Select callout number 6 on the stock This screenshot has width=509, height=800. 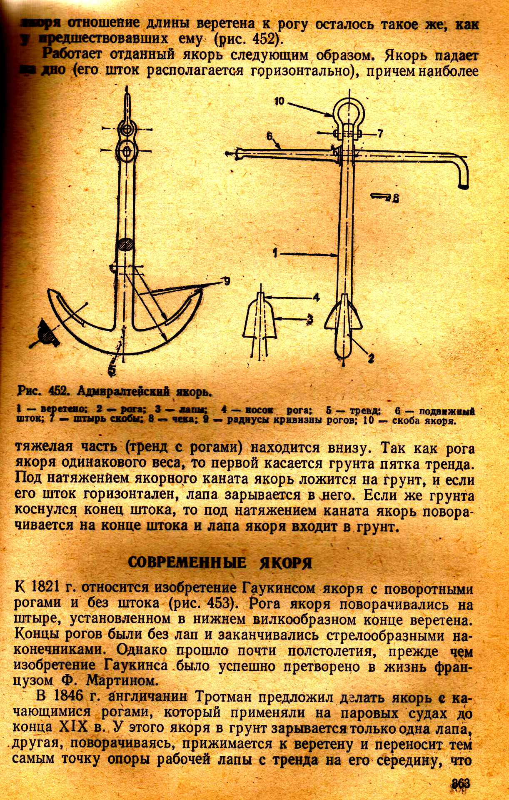269,136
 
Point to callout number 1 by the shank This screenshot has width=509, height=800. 275,251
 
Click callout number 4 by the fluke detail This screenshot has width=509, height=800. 316,297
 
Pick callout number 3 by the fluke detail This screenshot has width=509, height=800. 310,319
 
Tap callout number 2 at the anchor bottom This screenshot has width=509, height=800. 371,357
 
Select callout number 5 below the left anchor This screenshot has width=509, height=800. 112,369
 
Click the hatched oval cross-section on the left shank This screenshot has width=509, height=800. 125,245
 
